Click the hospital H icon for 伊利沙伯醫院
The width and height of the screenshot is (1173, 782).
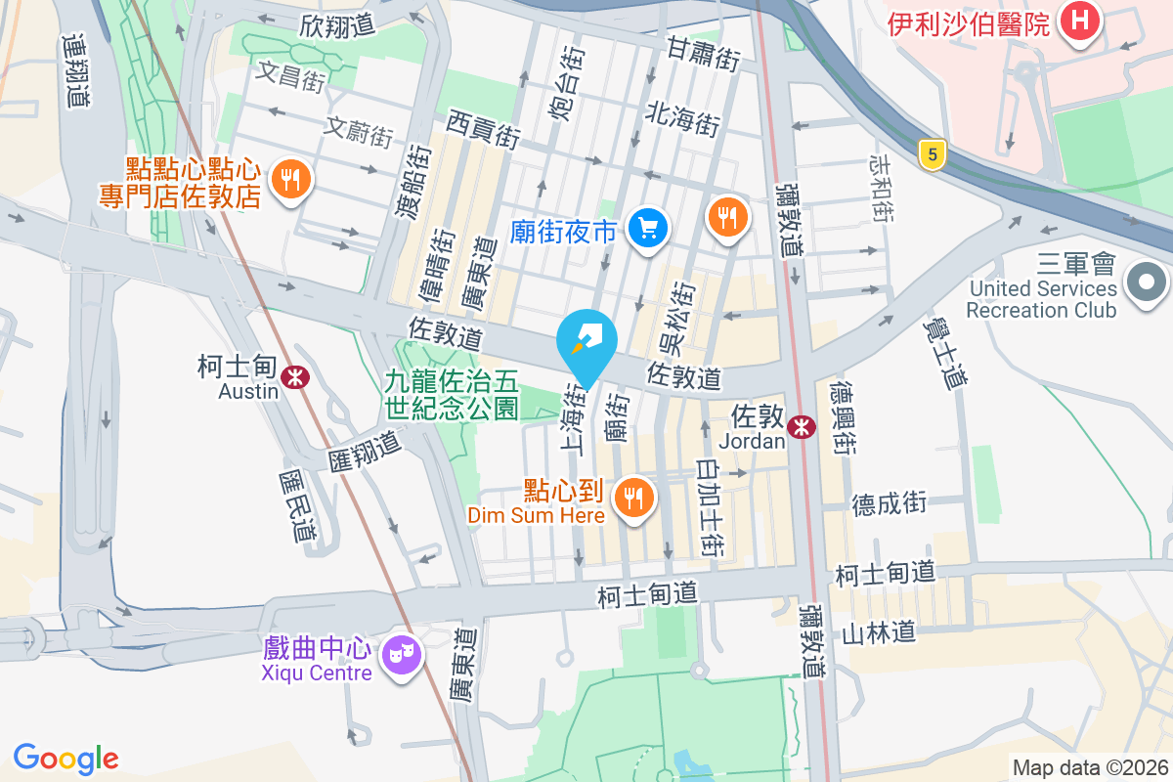point(1079,22)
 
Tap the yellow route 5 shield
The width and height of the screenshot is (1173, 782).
point(934,153)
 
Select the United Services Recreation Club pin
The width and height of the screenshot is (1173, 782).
point(1147,283)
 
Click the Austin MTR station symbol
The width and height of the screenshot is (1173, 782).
point(291,375)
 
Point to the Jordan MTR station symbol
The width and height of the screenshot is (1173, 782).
point(802,425)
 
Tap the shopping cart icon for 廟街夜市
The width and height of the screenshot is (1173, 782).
point(647,230)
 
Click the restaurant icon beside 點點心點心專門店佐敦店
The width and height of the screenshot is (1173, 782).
point(289,179)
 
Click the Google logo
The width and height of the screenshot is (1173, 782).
point(65,759)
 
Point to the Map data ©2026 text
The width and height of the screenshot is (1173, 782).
point(1088,767)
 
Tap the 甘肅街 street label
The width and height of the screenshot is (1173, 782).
point(703,54)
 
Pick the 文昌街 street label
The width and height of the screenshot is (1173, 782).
point(289,76)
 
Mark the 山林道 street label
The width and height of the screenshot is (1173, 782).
point(878,632)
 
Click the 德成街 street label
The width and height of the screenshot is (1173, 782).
point(889,503)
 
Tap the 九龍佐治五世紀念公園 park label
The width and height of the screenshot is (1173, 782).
point(452,393)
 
